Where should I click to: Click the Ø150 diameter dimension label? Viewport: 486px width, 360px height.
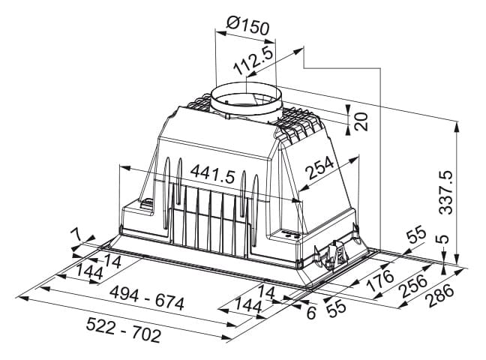coord(247,25)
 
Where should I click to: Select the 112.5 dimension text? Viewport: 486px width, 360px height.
coord(253,61)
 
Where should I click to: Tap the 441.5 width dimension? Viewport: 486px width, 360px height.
coord(213,175)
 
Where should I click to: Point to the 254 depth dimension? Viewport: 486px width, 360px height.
coord(319,168)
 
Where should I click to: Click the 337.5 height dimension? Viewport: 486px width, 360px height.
coord(446,192)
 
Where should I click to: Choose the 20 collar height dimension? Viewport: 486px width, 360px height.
coord(361,121)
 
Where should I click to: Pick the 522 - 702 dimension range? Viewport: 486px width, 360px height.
coord(123,330)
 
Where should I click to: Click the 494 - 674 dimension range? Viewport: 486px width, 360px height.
coord(147,298)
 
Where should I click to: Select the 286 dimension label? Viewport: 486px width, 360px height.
coord(439,296)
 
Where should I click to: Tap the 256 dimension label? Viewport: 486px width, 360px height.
coord(413,286)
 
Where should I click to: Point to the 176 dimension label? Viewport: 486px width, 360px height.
coord(379,280)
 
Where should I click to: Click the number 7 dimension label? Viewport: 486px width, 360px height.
coord(76,235)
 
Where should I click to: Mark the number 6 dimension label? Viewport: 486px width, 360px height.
coord(311,313)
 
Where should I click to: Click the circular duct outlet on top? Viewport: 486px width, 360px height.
coord(247,100)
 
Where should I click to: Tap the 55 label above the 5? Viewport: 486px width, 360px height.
coord(416,236)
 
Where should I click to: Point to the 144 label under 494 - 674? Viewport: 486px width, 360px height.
coord(248,306)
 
